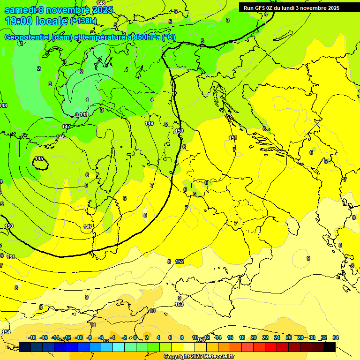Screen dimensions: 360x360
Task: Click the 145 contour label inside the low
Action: click(x=39, y=159)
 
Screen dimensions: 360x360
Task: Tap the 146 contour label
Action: click(x=61, y=137)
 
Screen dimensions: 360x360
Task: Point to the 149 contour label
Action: click(x=149, y=123)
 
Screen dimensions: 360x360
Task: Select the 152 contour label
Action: click(x=180, y=262)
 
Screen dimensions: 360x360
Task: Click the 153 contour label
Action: click(x=179, y=304)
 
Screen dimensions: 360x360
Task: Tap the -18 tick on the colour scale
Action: click(x=32, y=337)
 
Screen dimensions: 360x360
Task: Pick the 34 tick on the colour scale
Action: click(x=336, y=337)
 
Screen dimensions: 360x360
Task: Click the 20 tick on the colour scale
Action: click(x=254, y=337)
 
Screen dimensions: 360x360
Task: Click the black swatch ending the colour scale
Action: click(x=330, y=347)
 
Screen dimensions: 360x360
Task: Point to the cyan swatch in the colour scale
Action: click(x=119, y=347)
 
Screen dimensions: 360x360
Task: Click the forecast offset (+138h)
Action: click(x=83, y=21)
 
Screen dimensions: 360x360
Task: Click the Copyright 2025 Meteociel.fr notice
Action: click(x=199, y=356)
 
